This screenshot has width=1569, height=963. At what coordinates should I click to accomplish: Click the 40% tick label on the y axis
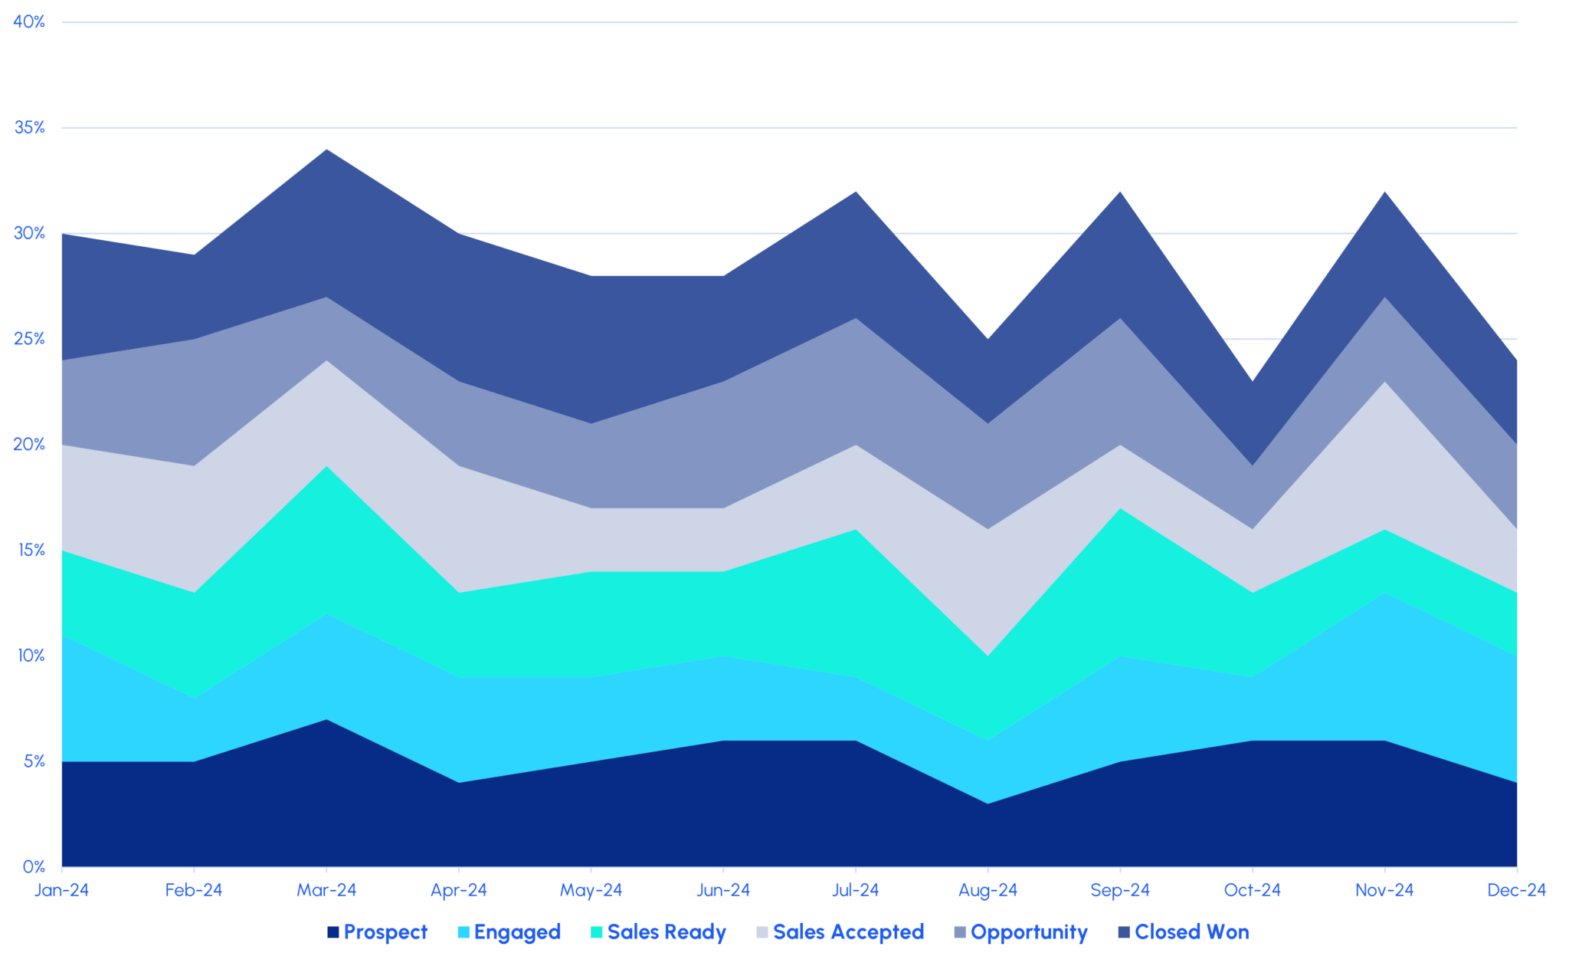coord(29,22)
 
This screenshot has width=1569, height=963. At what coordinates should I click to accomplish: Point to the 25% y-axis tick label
coord(29,339)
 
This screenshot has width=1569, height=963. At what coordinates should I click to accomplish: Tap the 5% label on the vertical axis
coord(34,761)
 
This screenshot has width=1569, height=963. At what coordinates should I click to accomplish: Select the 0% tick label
coord(34,867)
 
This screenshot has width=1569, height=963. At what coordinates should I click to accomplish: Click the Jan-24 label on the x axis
coord(62,890)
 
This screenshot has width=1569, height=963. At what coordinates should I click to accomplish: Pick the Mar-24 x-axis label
coord(327,890)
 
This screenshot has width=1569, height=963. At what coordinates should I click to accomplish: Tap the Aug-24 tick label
coord(988,890)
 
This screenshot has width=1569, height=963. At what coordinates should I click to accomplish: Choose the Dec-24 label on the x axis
coord(1517,890)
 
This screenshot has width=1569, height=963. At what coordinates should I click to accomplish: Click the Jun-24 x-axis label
coord(723,890)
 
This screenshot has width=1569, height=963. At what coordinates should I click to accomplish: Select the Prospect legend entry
coord(385,932)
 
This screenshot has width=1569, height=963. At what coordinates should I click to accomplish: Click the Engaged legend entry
coord(517,932)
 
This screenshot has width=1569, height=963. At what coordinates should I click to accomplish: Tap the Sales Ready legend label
coord(667,932)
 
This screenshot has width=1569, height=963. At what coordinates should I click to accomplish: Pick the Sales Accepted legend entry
coord(848,932)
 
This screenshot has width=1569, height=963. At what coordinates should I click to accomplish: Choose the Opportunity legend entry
coord(1029,932)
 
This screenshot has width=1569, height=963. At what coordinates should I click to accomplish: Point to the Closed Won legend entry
coord(1191,932)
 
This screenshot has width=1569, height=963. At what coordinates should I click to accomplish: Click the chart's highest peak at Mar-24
coord(327,149)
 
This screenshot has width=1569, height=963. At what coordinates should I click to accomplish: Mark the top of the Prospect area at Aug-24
coord(988,804)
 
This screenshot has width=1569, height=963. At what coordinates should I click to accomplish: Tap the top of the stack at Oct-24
coord(1253,381)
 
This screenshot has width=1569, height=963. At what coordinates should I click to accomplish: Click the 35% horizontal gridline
coord(766,128)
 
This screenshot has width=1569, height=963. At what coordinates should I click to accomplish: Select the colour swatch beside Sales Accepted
coord(762,933)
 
